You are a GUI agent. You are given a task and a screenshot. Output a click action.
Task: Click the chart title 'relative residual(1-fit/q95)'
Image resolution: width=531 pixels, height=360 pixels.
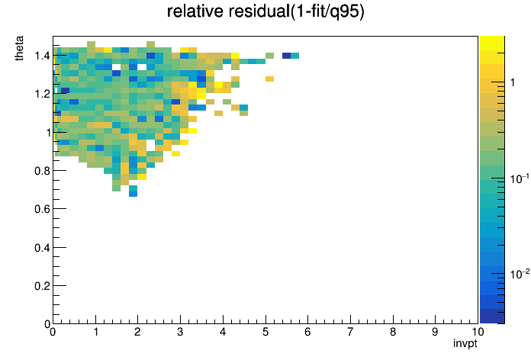tap(265, 11)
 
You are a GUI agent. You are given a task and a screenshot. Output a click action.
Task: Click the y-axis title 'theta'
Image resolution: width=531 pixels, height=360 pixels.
tap(19, 48)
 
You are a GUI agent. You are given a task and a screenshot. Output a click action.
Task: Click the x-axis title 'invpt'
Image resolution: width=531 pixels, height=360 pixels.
tap(465, 343)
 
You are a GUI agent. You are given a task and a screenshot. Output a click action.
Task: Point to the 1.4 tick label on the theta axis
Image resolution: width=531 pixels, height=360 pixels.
tap(42, 56)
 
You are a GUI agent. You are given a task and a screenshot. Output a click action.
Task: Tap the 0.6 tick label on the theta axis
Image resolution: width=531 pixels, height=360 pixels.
tap(42, 209)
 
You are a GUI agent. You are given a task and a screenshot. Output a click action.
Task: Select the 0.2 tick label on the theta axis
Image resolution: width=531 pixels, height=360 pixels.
tap(42, 286)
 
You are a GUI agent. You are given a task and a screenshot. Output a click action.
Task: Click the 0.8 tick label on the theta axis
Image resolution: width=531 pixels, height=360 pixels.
tap(42, 171)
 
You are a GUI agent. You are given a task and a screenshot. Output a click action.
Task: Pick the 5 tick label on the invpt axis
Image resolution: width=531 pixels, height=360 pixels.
tap(265, 332)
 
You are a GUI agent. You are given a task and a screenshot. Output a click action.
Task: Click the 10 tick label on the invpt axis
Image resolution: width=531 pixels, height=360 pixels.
tap(478, 332)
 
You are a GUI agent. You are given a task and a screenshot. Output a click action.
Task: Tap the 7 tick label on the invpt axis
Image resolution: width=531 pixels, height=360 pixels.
tap(350, 332)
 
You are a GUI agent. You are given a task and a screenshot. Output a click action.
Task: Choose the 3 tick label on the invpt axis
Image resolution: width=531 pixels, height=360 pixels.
tap(180, 332)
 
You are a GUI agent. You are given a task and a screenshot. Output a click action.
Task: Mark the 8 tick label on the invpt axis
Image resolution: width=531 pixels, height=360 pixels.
tap(393, 332)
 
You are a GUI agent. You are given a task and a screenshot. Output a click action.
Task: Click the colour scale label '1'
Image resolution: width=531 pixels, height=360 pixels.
tap(513, 82)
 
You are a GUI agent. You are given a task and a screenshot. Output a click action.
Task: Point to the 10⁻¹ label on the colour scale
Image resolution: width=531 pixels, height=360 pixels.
tap(520, 178)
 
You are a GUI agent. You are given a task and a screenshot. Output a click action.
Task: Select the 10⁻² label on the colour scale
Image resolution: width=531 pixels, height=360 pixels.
tap(520, 273)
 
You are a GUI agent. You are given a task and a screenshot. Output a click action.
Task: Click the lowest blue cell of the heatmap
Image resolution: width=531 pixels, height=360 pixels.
tap(133, 194)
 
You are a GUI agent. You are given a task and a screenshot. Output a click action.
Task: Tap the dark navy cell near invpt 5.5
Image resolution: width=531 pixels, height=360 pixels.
tap(287, 56)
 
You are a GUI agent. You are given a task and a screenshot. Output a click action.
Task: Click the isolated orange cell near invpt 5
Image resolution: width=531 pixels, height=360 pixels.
tap(269, 79)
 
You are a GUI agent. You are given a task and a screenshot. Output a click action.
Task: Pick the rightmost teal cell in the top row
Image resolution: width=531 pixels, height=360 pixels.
tap(295, 56)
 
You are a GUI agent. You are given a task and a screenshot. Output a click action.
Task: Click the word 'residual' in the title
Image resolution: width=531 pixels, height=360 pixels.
tap(259, 11)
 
